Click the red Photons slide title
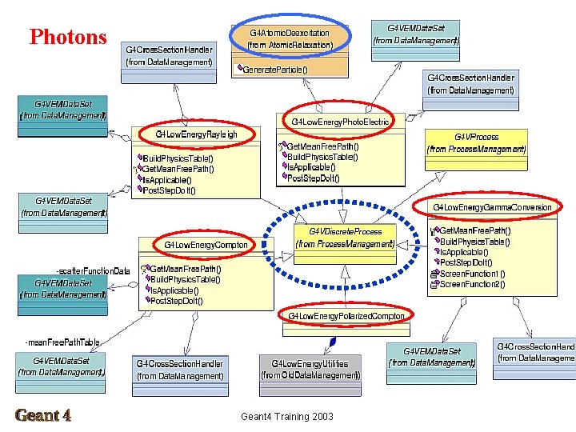[x=68, y=37]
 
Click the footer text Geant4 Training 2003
[x=287, y=417]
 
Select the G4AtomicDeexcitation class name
[x=290, y=33]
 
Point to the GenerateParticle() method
[x=276, y=69]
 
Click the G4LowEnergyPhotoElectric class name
[x=340, y=122]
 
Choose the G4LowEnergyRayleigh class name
[x=196, y=134]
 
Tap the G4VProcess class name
[x=476, y=137]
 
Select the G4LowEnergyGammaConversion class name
[x=492, y=207]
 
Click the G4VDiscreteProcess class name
[x=345, y=231]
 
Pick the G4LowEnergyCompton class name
[x=206, y=244]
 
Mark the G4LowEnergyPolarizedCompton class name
[x=346, y=315]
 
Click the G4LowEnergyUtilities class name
[x=310, y=363]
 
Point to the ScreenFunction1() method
[x=473, y=274]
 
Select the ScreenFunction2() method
[x=473, y=284]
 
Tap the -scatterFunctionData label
[x=93, y=270]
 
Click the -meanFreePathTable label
[x=62, y=342]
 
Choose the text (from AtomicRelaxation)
[x=290, y=46]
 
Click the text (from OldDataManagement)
[x=310, y=375]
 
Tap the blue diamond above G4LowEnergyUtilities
[x=333, y=342]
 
